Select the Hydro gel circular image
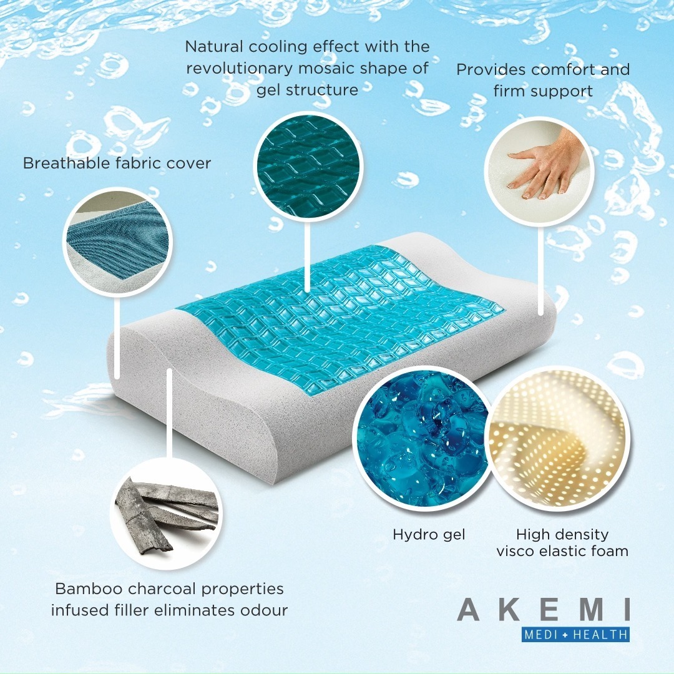tap(423, 439)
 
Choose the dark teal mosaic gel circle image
tap(308, 167)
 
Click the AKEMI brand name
tap(544, 610)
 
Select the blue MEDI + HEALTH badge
tap(576, 635)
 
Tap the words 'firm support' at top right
tap(543, 91)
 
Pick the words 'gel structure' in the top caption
tap(307, 90)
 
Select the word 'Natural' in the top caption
tap(214, 46)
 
